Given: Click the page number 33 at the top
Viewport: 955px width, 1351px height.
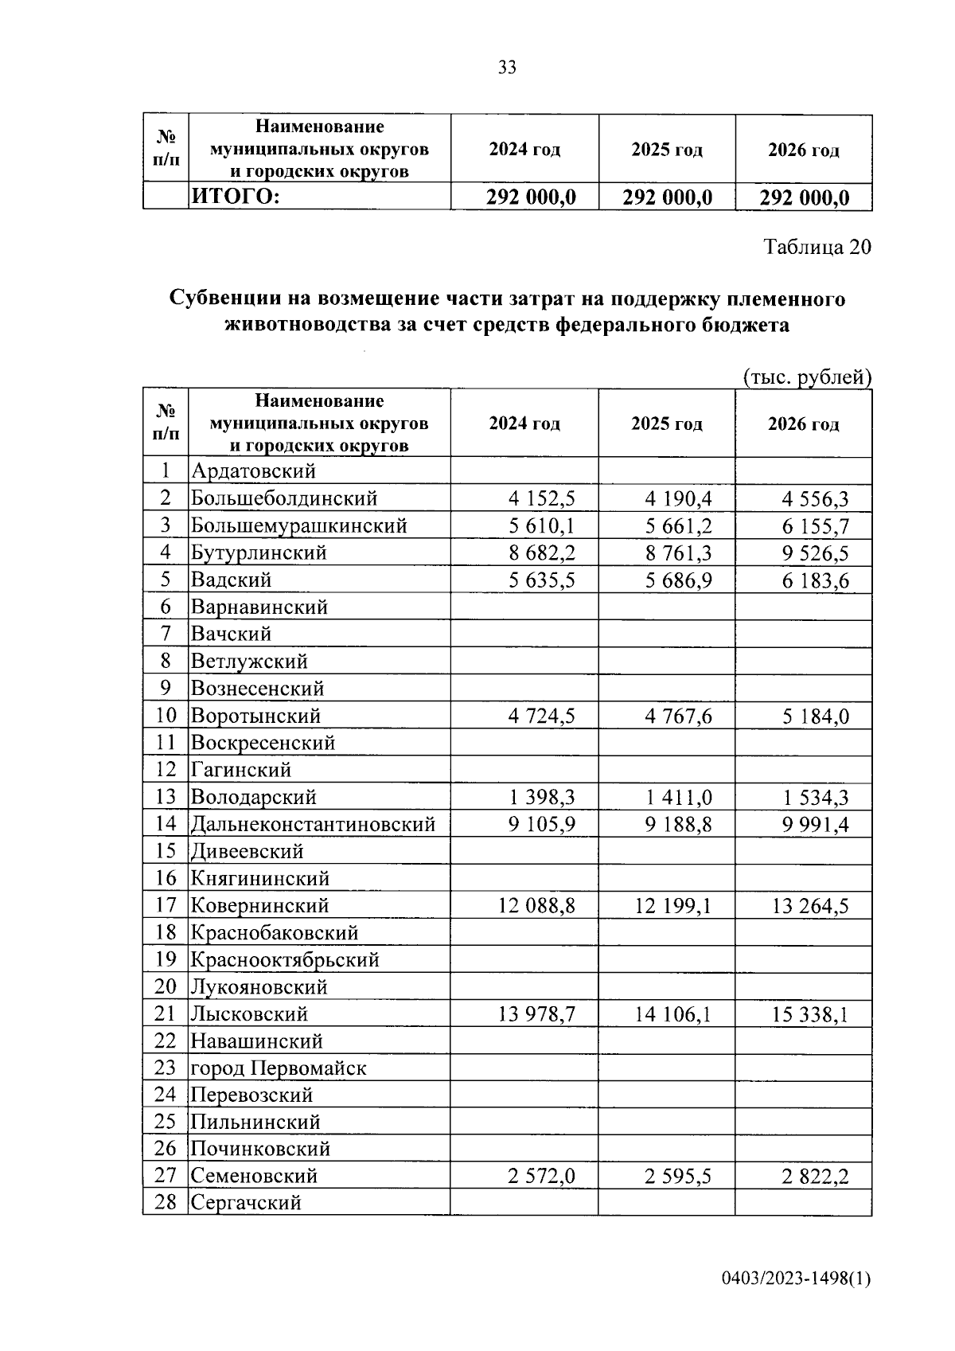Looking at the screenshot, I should coord(507,68).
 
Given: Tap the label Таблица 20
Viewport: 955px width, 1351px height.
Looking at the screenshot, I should coord(817,247).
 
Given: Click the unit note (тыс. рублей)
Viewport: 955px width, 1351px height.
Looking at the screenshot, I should coord(806,377).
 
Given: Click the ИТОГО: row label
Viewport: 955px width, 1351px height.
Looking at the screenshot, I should coord(235,197).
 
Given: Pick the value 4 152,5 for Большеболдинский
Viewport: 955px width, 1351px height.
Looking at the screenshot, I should coord(541,499).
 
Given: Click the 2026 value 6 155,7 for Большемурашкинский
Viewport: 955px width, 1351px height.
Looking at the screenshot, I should coord(815,526).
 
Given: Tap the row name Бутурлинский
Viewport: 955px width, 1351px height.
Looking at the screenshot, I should coord(259,553).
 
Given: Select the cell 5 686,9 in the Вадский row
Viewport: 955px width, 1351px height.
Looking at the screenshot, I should coord(678,580).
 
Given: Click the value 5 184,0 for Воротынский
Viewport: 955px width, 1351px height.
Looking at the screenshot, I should coord(815,716).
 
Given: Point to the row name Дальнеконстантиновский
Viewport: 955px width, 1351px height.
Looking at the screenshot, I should coord(313,824).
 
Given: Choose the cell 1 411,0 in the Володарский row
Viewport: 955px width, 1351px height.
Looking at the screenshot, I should coord(678,798).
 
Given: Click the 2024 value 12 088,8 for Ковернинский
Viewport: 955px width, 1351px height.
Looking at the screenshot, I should coord(536,906).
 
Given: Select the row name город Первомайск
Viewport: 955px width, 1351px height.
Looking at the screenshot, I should coord(279,1068).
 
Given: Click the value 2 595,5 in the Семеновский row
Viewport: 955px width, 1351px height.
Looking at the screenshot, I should coord(678,1177).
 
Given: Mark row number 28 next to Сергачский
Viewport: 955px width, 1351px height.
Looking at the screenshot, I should coord(165,1202).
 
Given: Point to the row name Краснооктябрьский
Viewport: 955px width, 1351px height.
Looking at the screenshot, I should coord(285,960).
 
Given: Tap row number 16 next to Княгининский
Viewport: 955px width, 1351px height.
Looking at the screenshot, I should coord(165,878).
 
